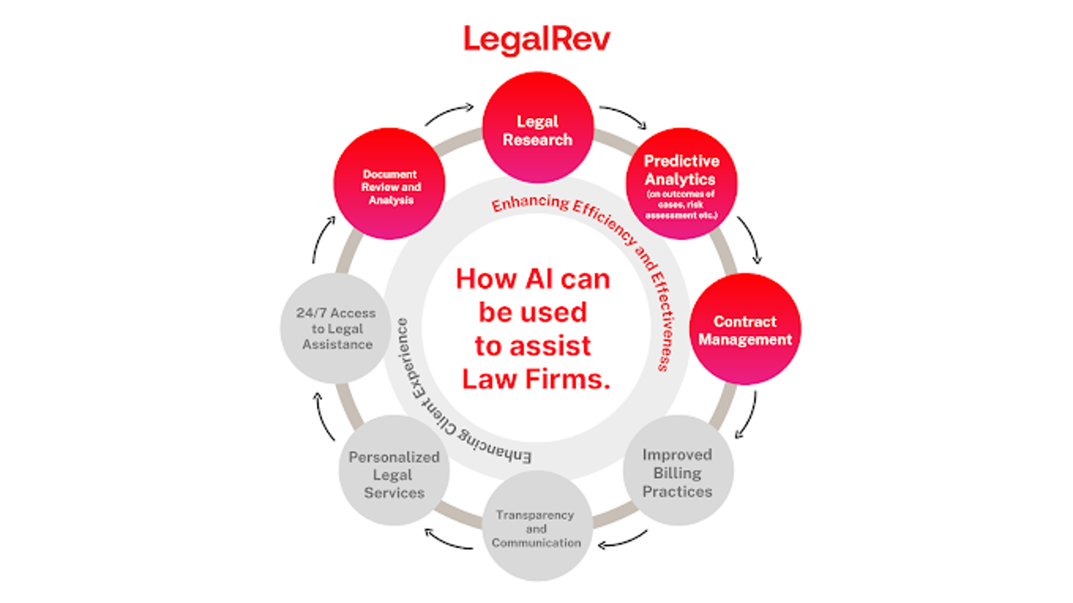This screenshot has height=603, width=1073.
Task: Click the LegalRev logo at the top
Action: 536,39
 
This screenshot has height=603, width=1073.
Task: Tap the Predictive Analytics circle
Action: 681,183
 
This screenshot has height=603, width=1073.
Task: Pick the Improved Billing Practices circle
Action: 679,471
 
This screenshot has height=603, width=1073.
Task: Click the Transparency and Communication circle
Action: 536,527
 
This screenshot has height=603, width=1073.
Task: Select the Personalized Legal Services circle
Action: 394,473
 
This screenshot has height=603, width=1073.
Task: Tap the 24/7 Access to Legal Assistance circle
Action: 335,328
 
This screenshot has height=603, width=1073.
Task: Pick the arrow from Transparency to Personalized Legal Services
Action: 450,541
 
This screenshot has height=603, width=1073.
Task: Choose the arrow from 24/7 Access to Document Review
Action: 322,239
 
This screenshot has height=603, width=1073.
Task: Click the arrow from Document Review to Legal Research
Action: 450,114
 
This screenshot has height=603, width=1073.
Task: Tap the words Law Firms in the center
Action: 536,379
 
